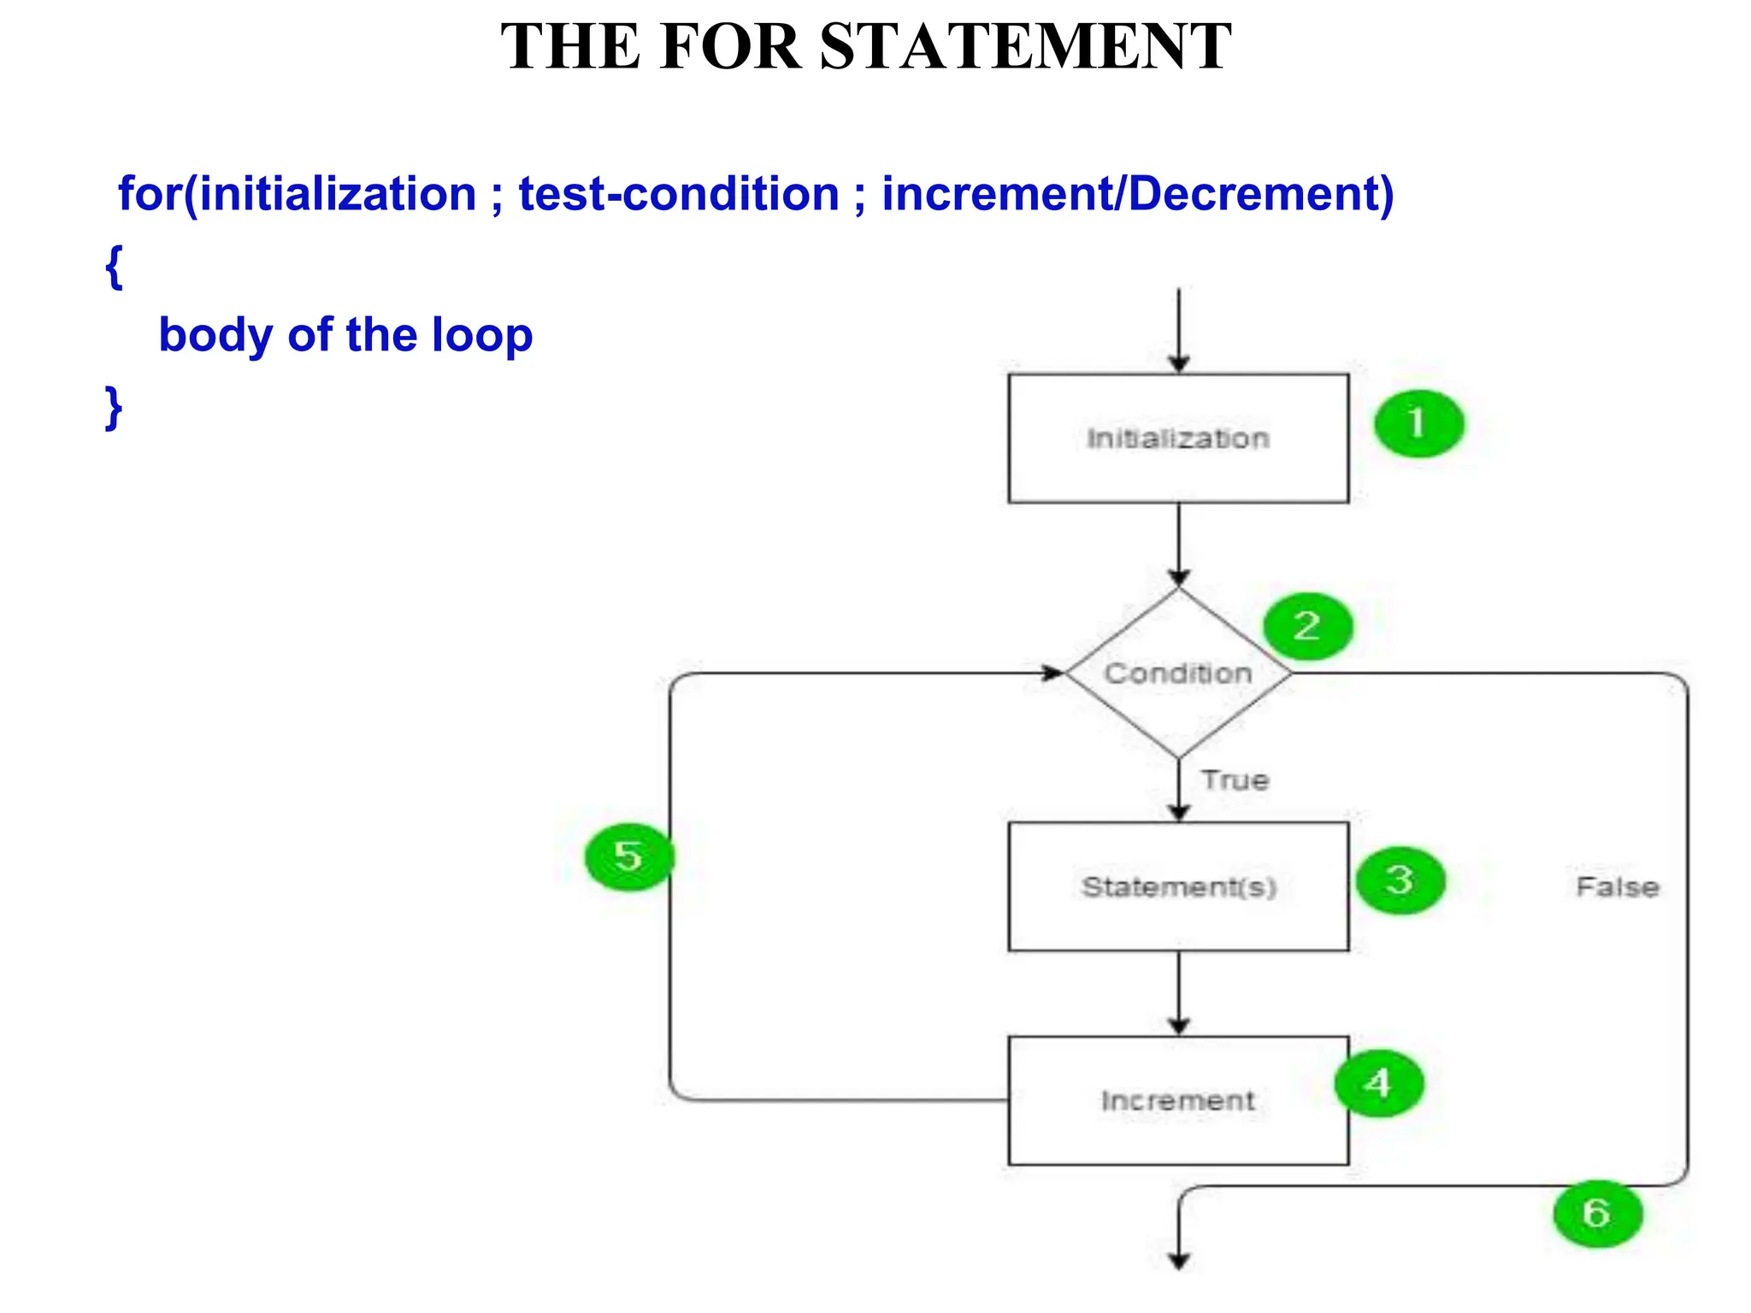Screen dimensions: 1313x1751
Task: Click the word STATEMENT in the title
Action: tap(1025, 47)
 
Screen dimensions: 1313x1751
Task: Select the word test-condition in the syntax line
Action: tap(679, 194)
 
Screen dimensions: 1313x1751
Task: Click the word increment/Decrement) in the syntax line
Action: tap(1137, 194)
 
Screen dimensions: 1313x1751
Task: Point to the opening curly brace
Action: tap(114, 267)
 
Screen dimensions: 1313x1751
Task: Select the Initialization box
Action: tap(1178, 439)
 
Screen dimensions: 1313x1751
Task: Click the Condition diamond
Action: tap(1178, 674)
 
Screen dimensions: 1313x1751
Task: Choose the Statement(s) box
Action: tap(1178, 886)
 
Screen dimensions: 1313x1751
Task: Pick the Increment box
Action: tap(1178, 1100)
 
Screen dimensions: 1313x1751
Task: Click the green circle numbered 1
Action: tap(1418, 424)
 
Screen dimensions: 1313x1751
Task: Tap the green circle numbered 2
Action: tap(1308, 627)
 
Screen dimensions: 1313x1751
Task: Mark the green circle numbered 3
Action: tap(1400, 880)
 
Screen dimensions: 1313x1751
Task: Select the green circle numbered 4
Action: tap(1378, 1083)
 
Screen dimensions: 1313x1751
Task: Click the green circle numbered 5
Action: tap(628, 857)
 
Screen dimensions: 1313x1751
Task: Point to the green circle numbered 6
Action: tap(1597, 1213)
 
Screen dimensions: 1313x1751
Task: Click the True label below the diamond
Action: tap(1235, 780)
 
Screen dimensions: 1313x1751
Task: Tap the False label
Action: tap(1617, 887)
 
